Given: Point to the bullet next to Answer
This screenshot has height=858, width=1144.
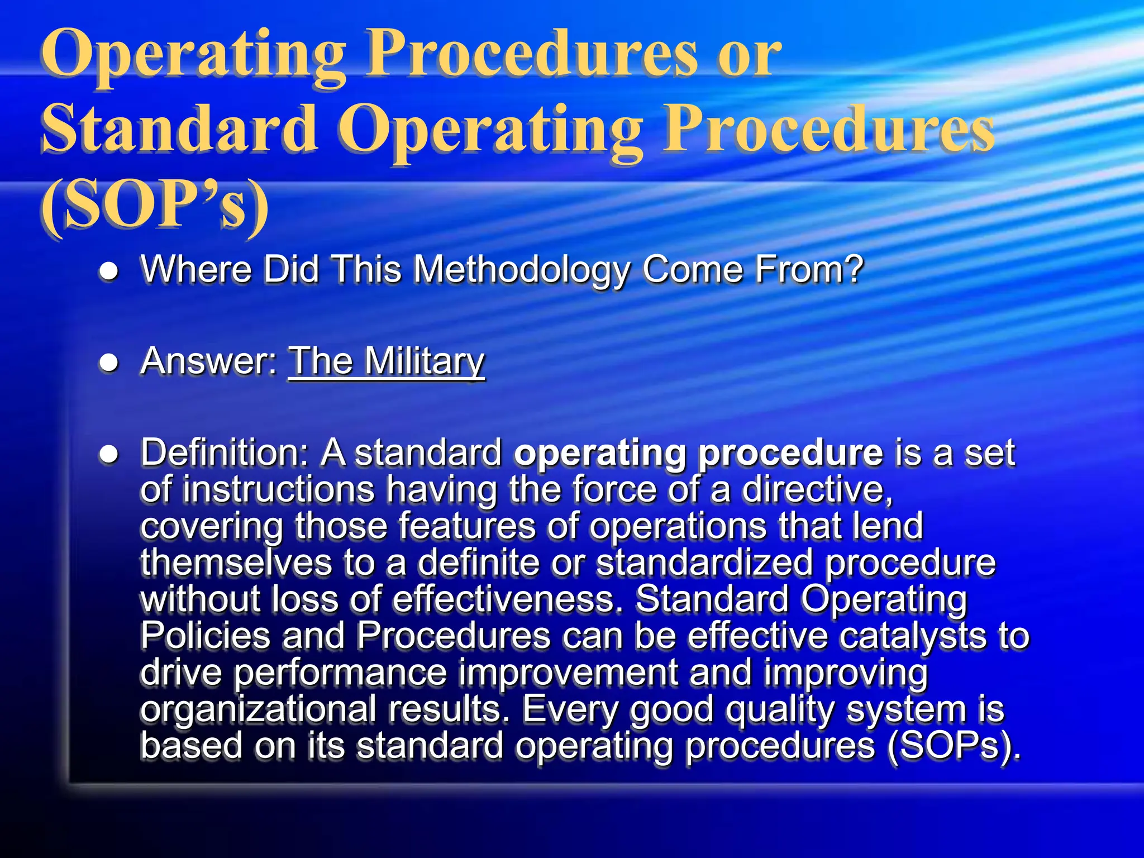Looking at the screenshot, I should [109, 363].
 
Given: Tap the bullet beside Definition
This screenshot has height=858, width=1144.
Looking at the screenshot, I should [109, 455].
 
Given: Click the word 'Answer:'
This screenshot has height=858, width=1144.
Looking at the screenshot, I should [209, 361].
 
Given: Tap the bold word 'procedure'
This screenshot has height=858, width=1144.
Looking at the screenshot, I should [790, 454].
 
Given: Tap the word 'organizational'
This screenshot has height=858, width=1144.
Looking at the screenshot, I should [258, 710].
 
